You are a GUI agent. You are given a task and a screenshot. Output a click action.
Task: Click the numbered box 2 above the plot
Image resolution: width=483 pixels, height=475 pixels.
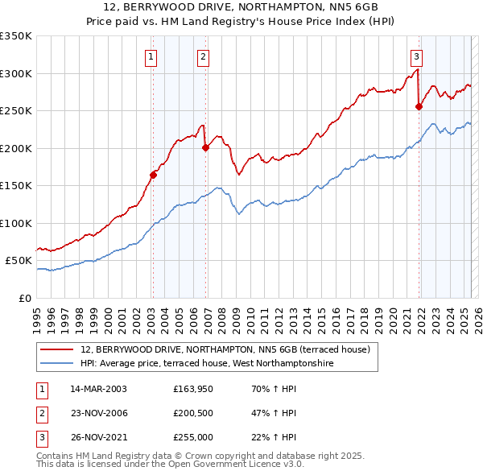click(x=204, y=56)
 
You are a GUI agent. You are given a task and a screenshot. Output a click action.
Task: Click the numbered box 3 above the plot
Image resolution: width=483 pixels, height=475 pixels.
click(x=416, y=56)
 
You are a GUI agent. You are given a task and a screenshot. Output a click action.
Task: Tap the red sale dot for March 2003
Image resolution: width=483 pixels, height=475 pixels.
click(x=153, y=175)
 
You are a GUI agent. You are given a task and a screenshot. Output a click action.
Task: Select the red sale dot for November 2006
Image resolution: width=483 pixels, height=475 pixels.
click(x=205, y=147)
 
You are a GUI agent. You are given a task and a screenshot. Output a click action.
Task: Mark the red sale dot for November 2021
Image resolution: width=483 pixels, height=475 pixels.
click(x=419, y=106)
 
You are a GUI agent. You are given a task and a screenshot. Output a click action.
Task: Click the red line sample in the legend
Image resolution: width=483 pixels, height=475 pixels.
click(x=58, y=349)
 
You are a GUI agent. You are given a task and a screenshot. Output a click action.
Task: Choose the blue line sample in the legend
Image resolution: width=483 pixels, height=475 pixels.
click(x=58, y=364)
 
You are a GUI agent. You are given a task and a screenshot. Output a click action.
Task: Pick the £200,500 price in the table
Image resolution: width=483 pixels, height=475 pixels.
click(x=192, y=414)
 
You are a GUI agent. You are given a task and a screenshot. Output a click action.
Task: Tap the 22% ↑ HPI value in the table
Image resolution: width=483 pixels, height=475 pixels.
click(x=274, y=439)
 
